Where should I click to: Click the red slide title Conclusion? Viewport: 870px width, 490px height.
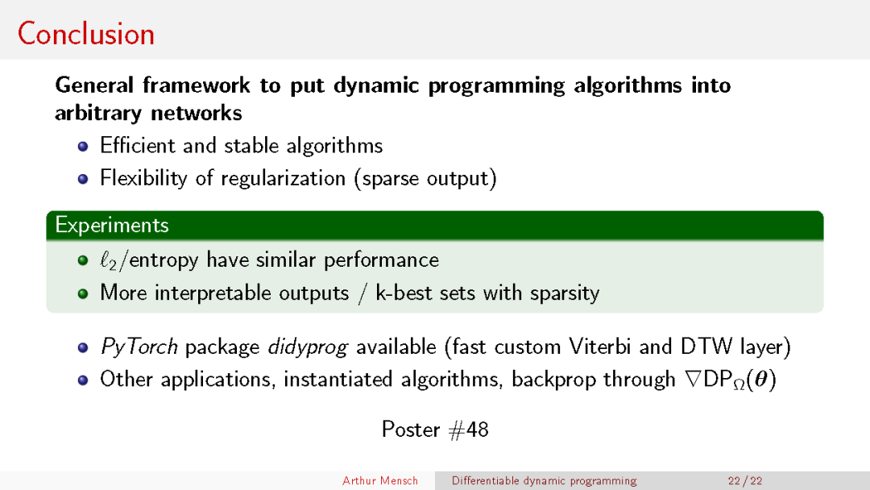click(86, 34)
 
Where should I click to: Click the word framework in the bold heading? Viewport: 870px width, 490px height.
click(197, 85)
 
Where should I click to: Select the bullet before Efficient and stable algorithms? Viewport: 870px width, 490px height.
click(83, 147)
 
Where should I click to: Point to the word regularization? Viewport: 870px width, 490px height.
click(284, 179)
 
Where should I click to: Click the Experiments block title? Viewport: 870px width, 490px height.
click(111, 226)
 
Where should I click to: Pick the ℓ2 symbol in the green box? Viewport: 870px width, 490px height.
click(108, 260)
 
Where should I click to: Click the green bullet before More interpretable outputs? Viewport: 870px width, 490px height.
click(83, 293)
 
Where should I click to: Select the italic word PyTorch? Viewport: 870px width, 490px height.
click(139, 347)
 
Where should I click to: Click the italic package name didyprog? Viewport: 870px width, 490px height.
click(308, 347)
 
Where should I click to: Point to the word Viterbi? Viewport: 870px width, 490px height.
click(600, 347)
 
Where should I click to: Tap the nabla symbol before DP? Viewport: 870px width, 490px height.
click(693, 380)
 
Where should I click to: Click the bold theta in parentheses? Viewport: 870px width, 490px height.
click(761, 380)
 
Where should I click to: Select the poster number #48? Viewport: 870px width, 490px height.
click(468, 430)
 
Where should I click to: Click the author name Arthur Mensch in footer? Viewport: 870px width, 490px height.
click(380, 481)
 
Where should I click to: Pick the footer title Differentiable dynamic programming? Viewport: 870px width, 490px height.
click(545, 481)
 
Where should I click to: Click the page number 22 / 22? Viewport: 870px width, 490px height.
click(745, 481)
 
